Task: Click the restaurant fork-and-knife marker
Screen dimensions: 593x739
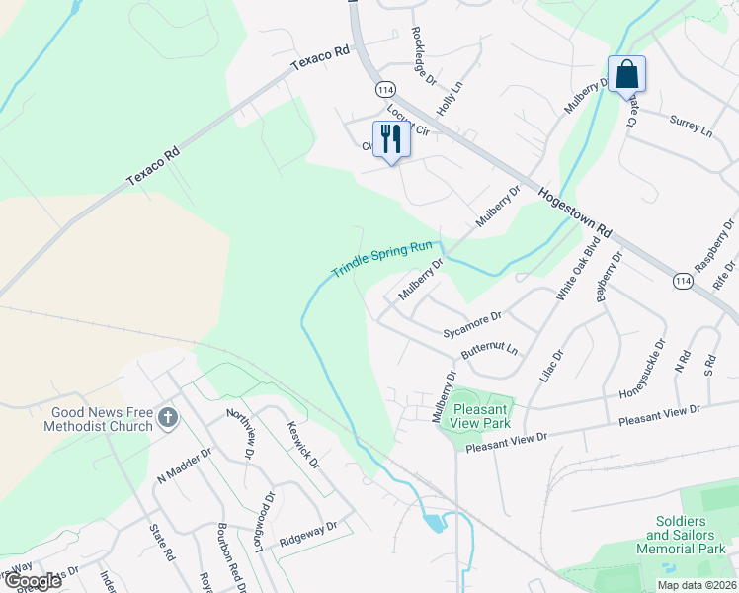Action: [x=391, y=138]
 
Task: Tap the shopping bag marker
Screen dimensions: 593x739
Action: [x=627, y=74]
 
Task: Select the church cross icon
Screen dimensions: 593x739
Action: [x=167, y=419]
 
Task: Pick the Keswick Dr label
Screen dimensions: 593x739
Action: [x=302, y=445]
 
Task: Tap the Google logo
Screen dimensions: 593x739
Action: [x=33, y=580]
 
